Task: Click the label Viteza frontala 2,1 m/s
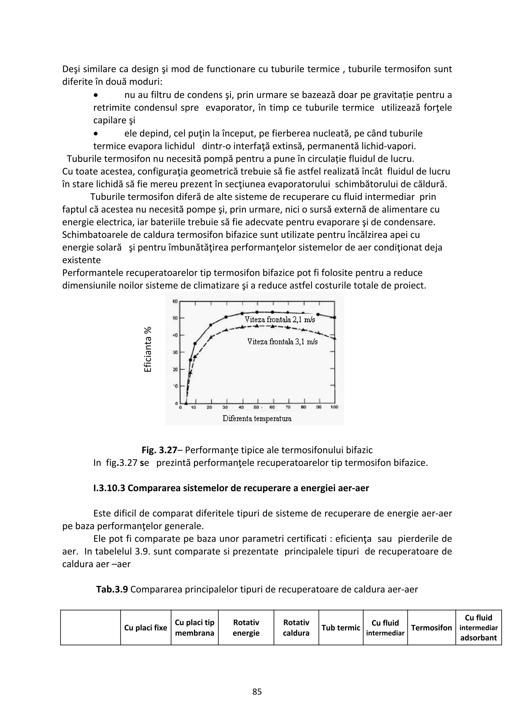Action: pyautogui.click(x=280, y=320)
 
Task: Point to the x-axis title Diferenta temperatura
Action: pyautogui.click(x=257, y=418)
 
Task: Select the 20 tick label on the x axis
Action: pyautogui.click(x=209, y=407)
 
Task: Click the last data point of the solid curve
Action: pyautogui.click(x=335, y=317)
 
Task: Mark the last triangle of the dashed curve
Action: pyautogui.click(x=335, y=339)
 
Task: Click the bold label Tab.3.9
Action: pyautogui.click(x=112, y=589)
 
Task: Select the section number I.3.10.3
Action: pyautogui.click(x=109, y=488)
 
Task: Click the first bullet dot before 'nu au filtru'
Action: pyautogui.click(x=96, y=95)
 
